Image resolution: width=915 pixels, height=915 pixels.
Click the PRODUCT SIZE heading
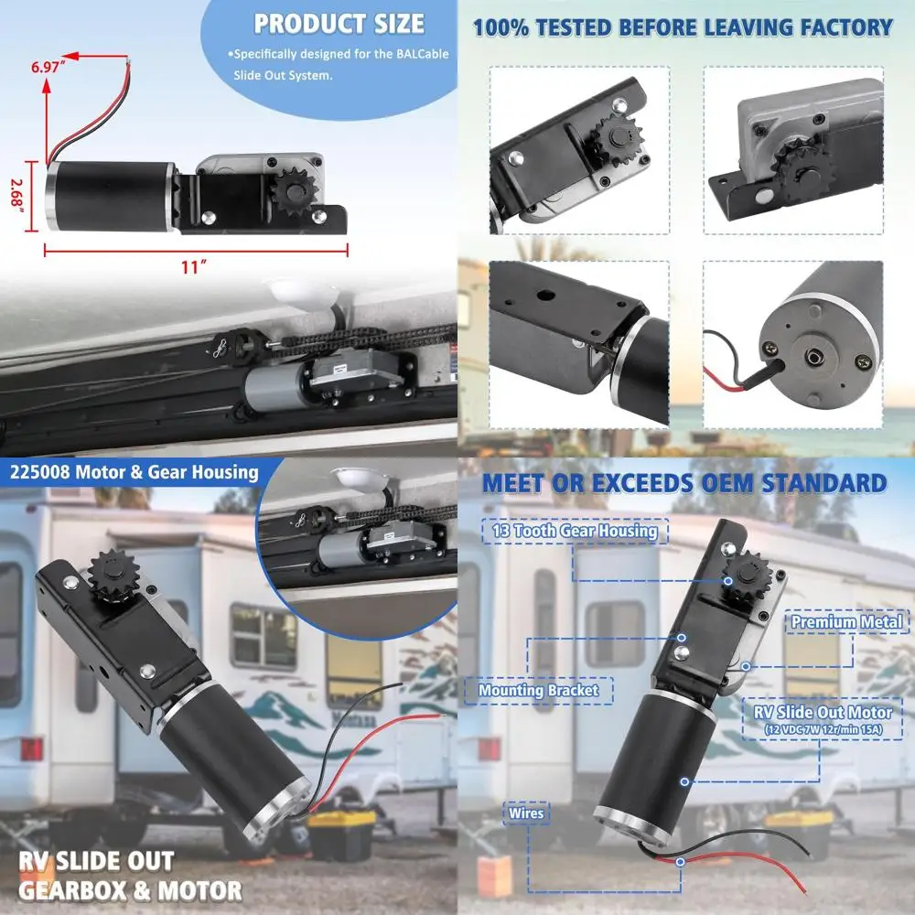tap(339, 23)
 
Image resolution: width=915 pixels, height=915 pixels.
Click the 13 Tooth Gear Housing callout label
tap(575, 531)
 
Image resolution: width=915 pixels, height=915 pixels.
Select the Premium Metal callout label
tap(846, 622)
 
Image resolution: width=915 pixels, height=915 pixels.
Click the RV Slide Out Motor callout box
tap(823, 718)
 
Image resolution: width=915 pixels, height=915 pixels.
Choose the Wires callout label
tap(526, 813)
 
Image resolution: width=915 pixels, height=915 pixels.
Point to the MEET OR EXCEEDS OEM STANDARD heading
tap(684, 483)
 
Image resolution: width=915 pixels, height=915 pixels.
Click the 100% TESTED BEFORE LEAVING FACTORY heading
tap(682, 27)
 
